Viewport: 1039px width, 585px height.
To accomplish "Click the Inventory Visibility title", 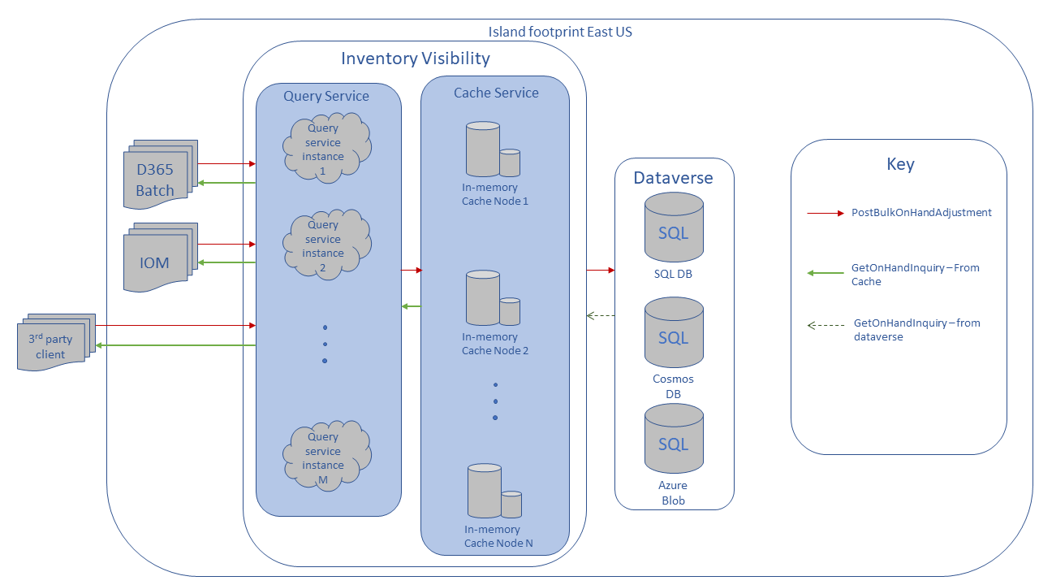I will pos(415,58).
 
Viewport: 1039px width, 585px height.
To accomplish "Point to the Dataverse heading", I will pos(673,178).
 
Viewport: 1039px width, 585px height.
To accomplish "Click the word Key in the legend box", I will pos(900,164).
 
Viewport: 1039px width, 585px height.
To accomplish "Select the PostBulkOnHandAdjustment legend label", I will pos(921,213).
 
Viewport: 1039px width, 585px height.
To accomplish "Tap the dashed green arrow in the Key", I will pos(825,326).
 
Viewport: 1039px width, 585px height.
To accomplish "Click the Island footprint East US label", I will pos(559,32).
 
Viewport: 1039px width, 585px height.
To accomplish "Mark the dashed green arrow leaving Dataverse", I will pos(601,315).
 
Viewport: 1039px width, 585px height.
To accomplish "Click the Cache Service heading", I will pos(496,93).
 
